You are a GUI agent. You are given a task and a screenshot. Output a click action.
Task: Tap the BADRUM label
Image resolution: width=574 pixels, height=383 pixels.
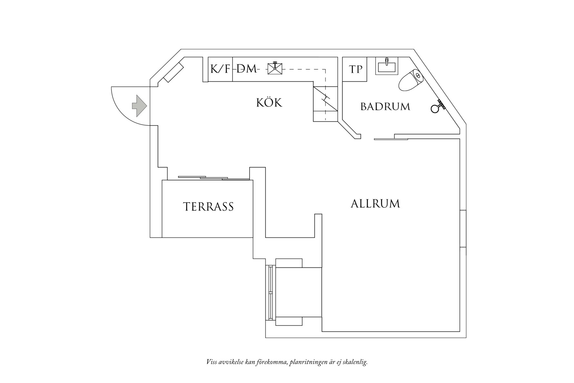[385, 106]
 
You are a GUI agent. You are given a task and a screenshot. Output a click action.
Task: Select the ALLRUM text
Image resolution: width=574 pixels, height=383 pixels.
[375, 204]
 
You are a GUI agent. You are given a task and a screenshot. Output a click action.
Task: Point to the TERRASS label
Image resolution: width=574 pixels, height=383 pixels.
[208, 207]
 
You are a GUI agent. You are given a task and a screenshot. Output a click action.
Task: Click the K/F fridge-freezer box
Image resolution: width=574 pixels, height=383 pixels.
[220, 69]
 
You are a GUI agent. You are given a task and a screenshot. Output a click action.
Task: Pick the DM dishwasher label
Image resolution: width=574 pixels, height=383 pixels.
[247, 69]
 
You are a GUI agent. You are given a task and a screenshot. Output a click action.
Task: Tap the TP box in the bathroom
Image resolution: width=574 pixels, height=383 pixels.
[355, 69]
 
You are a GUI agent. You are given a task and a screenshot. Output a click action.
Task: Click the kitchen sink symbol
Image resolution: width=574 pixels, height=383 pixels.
[275, 68]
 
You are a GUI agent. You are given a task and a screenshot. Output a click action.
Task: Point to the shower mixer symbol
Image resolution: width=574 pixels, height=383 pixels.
[438, 106]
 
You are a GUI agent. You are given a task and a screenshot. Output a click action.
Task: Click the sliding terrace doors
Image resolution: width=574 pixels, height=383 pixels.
[213, 178]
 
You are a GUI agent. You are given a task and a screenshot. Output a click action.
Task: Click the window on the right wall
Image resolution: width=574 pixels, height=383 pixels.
[463, 229]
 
